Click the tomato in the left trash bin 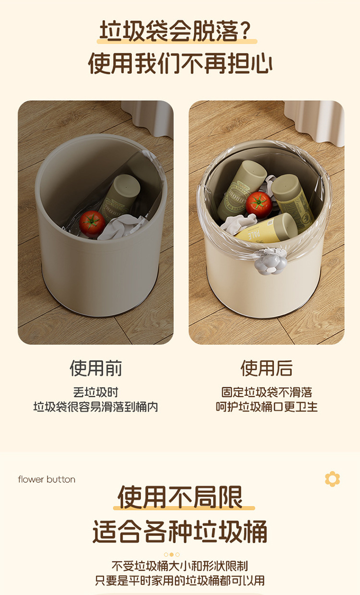[92, 224]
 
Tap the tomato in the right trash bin [259, 204]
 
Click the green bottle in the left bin [121, 198]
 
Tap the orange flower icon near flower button [332, 479]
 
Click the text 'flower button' [47, 479]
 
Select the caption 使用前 [96, 369]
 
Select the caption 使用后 [266, 369]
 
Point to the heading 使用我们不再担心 [180, 63]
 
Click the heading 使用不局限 [180, 497]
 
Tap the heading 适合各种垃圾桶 [180, 532]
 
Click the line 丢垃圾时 [96, 393]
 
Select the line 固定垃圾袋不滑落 [267, 393]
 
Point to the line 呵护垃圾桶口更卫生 [267, 407]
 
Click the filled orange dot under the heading [171, 554]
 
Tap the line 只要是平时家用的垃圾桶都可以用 [180, 581]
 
